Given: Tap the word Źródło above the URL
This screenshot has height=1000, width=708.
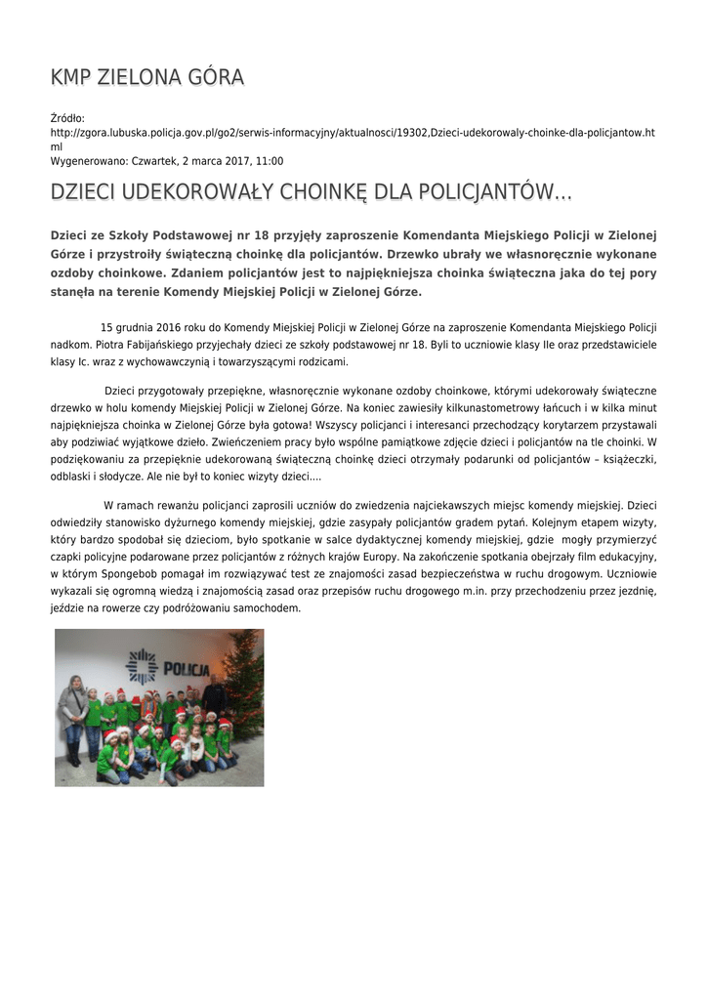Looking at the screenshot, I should [67, 118].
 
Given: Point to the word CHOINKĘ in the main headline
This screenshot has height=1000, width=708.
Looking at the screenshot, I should [330, 191].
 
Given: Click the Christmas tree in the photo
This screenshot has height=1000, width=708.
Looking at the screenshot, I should [244, 684].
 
